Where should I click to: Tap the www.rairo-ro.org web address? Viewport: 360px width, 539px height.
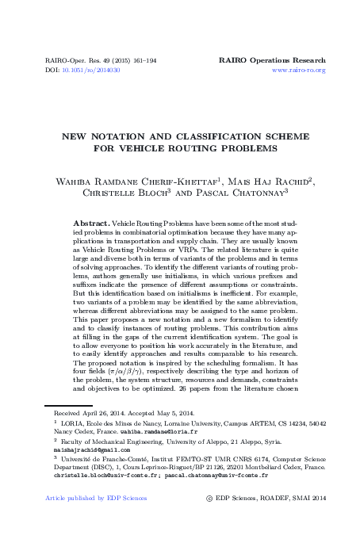pyautogui.click(x=298, y=71)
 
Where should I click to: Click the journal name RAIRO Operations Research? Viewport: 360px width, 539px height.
pyautogui.click(x=272, y=60)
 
